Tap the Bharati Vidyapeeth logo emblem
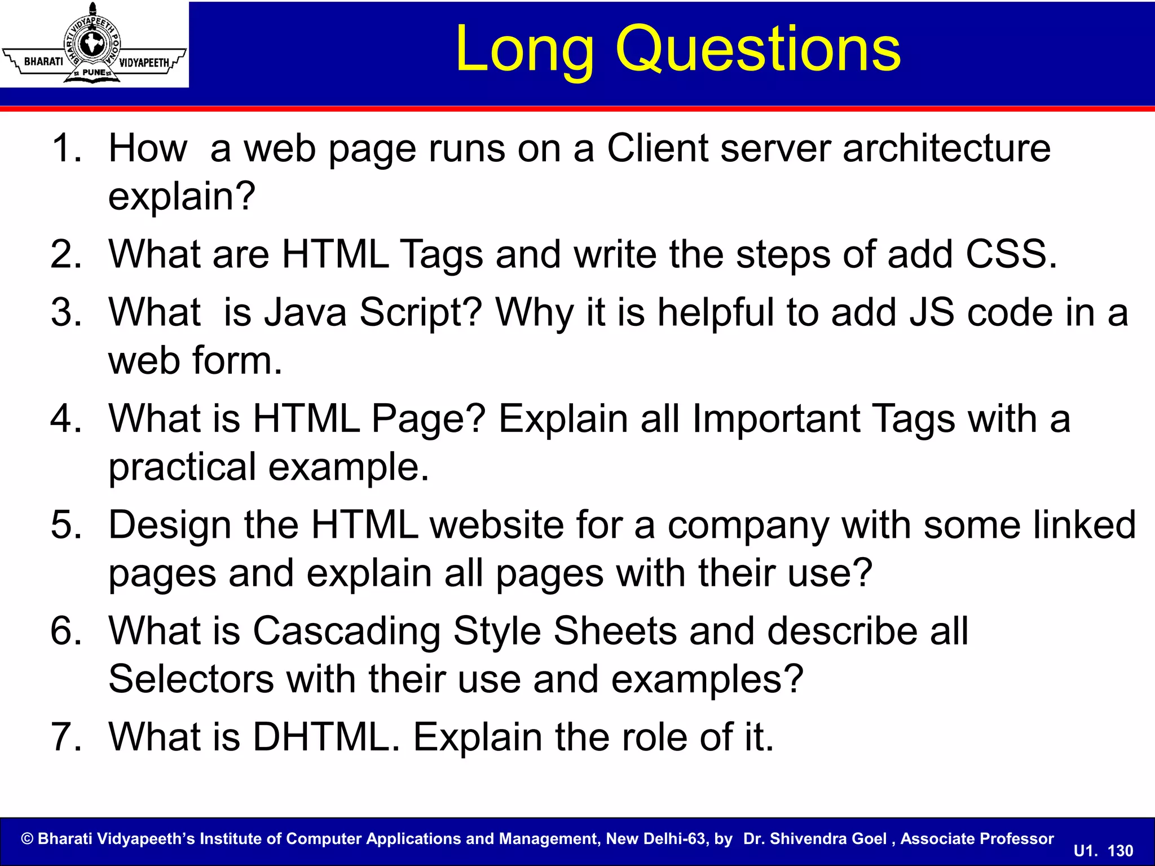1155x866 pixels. (94, 44)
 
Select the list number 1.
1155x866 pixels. (67, 148)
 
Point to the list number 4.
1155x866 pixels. (67, 418)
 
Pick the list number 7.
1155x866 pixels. (67, 737)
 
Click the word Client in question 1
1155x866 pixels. (656, 148)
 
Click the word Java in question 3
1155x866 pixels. (305, 312)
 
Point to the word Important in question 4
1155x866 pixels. (776, 418)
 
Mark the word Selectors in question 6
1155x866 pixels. (191, 679)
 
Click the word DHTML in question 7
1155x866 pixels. (325, 737)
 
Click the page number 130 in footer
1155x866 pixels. (1120, 851)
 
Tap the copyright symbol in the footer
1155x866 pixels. (27, 839)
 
